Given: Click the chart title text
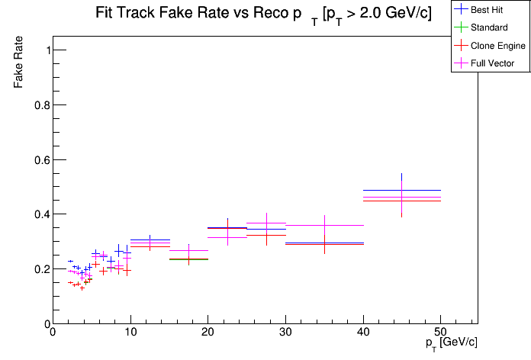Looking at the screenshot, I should pos(263,14).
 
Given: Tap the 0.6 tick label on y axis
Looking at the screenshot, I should pos(42,160).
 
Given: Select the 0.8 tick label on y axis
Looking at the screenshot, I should pos(42,105).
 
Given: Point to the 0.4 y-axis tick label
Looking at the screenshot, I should pos(42,214).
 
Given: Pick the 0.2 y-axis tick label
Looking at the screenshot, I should pos(42,269).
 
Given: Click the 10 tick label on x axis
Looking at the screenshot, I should pos(130,333).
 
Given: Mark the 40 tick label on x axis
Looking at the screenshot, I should pos(363,333).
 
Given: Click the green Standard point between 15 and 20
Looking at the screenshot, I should pos(188,259).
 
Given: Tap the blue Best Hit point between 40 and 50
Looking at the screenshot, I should pos(402,190).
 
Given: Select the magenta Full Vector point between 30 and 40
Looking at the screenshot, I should pos(324,225).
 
